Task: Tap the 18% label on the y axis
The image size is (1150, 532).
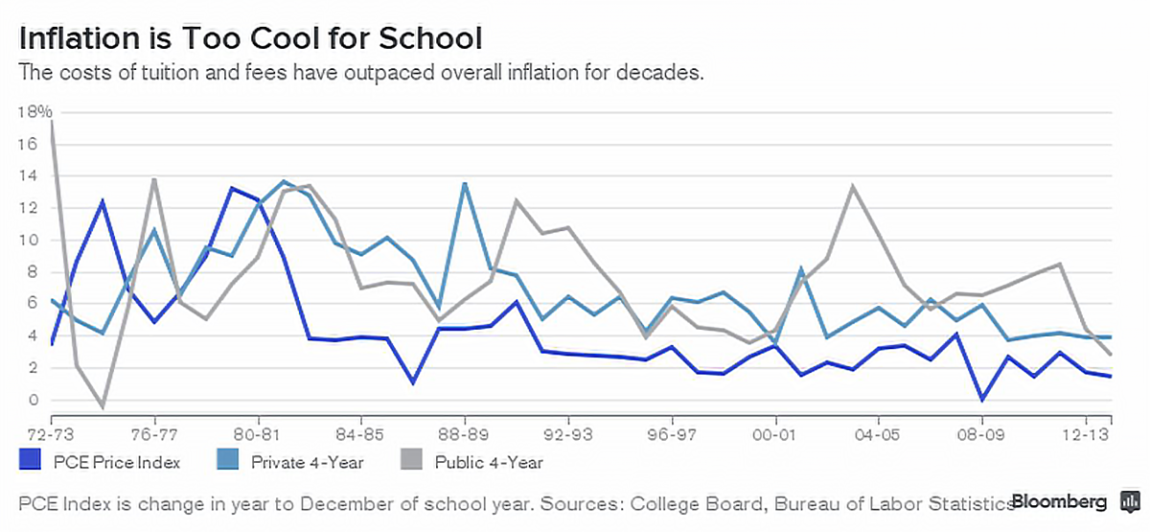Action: coord(34,112)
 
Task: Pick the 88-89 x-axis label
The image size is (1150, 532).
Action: coord(465,422)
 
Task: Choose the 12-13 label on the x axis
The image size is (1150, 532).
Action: coord(1085,422)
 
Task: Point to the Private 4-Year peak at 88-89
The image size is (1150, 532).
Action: coord(465,183)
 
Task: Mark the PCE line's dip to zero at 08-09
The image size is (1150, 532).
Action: coord(981,399)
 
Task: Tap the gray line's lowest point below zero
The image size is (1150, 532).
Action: coord(103,407)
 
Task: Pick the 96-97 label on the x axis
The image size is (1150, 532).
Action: coord(672,422)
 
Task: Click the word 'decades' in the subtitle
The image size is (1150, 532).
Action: coord(667,72)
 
